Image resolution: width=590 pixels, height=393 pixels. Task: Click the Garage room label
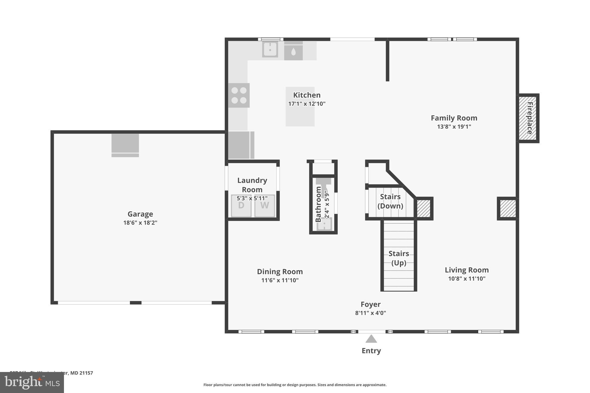click(140, 214)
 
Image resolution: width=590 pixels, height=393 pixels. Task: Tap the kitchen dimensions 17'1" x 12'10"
click(307, 104)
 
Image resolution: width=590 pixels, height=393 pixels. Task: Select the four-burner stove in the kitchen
click(239, 95)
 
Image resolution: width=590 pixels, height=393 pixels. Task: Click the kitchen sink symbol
click(270, 50)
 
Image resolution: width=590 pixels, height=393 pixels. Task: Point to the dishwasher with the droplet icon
click(293, 52)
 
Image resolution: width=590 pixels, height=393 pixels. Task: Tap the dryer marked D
click(241, 206)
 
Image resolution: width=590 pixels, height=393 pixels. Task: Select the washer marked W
click(264, 206)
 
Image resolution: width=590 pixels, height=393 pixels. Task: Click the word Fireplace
click(530, 118)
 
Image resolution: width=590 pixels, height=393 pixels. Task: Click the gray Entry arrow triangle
click(371, 339)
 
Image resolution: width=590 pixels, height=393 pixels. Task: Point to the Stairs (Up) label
click(399, 258)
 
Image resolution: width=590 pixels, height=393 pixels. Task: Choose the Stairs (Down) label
click(390, 201)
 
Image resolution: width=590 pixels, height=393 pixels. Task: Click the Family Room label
click(454, 118)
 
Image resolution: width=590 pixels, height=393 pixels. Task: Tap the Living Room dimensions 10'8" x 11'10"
click(466, 278)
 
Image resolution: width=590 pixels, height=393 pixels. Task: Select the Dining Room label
click(280, 272)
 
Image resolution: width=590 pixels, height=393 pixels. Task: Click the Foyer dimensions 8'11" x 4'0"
click(370, 313)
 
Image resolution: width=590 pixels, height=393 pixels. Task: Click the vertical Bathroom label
click(318, 204)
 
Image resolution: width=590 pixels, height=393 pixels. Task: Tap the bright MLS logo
click(32, 382)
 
